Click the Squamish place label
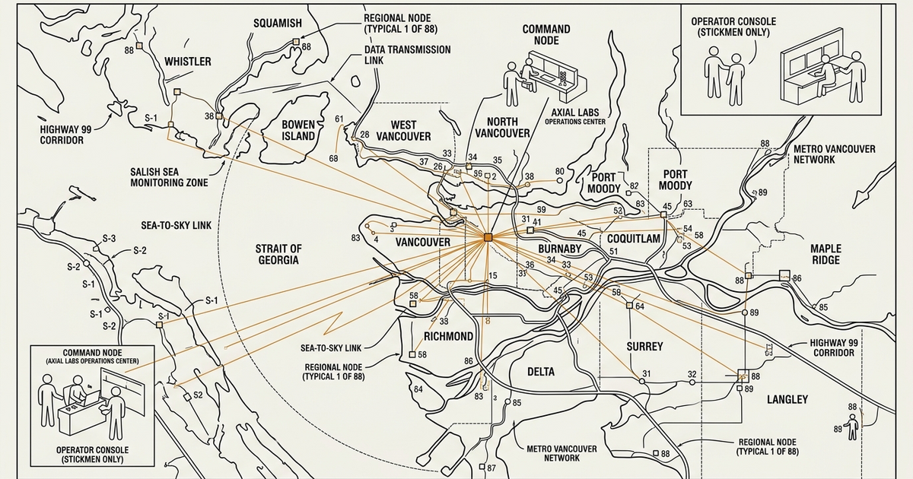277,23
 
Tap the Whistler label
188,61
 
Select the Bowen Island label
298,130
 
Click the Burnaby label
559,249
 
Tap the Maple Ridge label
826,254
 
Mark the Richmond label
448,336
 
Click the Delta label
541,372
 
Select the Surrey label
644,346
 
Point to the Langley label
787,399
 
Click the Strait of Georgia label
278,254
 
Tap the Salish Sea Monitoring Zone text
169,177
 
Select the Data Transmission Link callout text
407,56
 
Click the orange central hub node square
488,238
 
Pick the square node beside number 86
784,275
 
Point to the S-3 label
110,239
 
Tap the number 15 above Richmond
492,275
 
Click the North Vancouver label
502,127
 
